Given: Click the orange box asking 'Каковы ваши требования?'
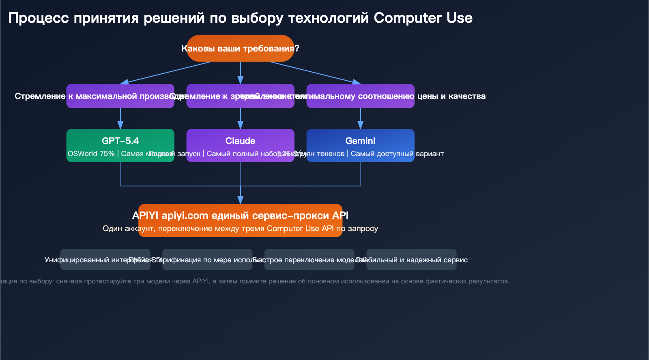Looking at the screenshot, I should click(x=240, y=48).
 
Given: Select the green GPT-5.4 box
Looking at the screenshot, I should click(x=120, y=145).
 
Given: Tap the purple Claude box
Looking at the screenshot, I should click(x=240, y=145).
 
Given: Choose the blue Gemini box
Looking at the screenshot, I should click(x=360, y=145).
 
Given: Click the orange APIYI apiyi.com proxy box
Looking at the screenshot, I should click(x=240, y=221).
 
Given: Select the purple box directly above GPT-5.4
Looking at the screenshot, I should click(x=120, y=96).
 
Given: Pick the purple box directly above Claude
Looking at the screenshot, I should click(x=240, y=96).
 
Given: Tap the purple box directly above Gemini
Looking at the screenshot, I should click(x=360, y=96).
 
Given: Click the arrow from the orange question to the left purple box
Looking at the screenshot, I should click(x=166, y=73).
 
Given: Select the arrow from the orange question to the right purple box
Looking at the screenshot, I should click(x=314, y=73).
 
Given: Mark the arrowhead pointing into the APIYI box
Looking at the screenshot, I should click(x=240, y=199).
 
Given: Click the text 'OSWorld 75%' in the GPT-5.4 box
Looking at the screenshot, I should click(x=91, y=154).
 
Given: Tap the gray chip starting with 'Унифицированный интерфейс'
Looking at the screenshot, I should click(x=105, y=259).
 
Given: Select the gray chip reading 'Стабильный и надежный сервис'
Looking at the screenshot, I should click(x=411, y=259).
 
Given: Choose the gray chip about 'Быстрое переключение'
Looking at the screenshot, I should click(x=309, y=259).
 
